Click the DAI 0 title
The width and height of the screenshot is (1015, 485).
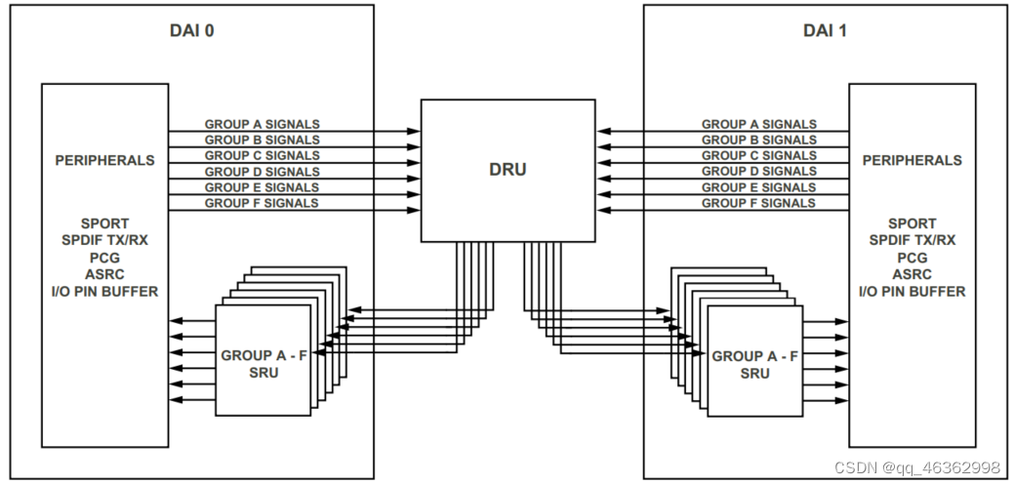click(x=192, y=30)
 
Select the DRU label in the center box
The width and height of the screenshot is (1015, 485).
click(x=507, y=170)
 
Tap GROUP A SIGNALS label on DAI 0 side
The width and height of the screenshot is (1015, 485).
click(x=262, y=125)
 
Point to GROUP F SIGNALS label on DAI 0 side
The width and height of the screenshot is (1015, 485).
click(x=262, y=203)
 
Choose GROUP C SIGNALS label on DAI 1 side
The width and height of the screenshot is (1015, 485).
click(x=759, y=156)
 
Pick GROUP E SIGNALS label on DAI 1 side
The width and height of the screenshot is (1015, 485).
click(x=759, y=187)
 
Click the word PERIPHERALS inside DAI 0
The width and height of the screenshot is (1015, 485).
click(x=104, y=160)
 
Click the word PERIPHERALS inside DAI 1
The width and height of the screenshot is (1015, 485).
click(x=912, y=160)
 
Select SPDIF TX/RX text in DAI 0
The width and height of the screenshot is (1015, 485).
click(x=104, y=241)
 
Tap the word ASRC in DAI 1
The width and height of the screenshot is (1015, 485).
click(x=912, y=274)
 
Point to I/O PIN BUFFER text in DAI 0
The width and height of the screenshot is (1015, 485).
click(x=104, y=291)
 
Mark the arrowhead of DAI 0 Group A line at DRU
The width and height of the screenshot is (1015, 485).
click(x=415, y=131)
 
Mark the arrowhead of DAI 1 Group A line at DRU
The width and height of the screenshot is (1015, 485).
click(x=602, y=131)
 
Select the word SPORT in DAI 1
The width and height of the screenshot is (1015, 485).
click(x=912, y=223)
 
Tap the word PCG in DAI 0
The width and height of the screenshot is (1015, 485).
click(x=104, y=258)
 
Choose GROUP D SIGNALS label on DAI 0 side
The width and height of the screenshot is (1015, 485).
click(x=262, y=172)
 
